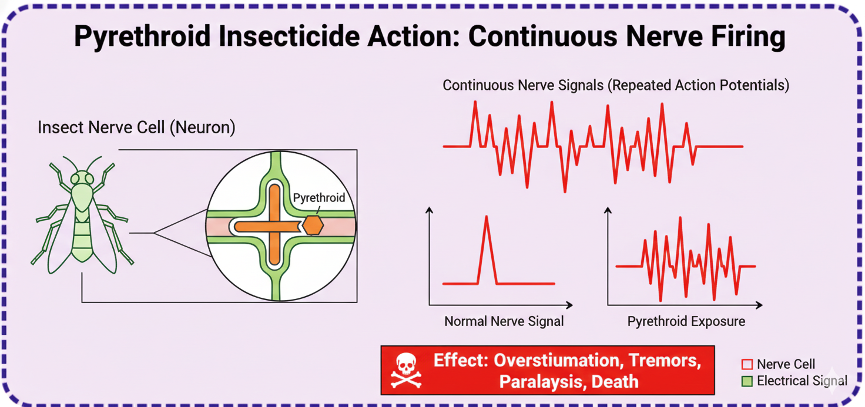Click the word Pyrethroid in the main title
tap(142, 36)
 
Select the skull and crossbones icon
tap(406, 371)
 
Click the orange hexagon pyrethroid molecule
tap(313, 225)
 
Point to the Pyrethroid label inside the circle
tap(319, 198)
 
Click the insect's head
tap(82, 178)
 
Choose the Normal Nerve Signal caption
tap(504, 321)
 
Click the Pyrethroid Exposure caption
tap(686, 321)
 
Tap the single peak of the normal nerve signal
tap(487, 217)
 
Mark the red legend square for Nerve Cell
tap(747, 364)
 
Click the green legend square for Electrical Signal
tap(747, 381)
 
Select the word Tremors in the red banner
tap(664, 361)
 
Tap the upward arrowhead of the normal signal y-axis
tap(429, 210)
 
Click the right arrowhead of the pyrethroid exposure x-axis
tap(759, 305)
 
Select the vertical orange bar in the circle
tap(274, 225)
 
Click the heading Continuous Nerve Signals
tap(523, 85)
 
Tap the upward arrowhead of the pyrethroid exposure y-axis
tap(608, 210)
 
